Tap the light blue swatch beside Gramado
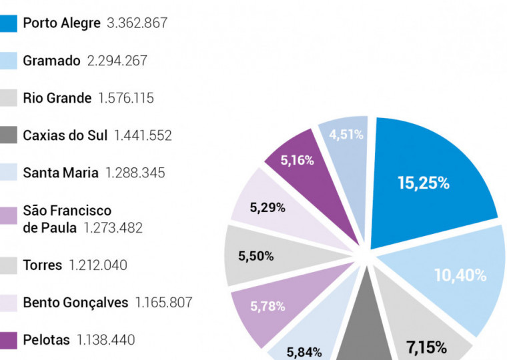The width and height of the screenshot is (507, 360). click(9, 61)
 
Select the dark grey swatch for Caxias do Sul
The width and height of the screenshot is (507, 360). click(9, 135)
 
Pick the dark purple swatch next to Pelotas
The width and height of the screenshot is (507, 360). click(9, 340)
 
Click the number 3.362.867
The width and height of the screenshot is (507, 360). click(137, 23)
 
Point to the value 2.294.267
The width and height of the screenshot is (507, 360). click(117, 61)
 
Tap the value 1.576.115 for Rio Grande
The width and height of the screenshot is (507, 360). click(125, 99)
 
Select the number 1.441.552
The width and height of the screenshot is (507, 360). click(143, 135)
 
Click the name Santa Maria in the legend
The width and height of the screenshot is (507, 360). click(60, 173)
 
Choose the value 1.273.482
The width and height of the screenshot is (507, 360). click(113, 228)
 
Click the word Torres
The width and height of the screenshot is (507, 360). click(42, 265)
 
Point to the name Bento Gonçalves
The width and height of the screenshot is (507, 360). click(75, 303)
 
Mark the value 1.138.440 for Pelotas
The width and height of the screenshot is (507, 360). click(105, 340)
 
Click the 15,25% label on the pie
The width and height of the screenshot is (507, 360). click(423, 183)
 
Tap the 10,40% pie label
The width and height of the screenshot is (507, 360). click(460, 275)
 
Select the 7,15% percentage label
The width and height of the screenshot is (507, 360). click(426, 347)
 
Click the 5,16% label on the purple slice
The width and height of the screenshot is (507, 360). click(297, 160)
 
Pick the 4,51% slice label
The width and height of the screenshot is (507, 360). click(346, 135)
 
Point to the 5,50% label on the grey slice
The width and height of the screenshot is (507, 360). click(256, 256)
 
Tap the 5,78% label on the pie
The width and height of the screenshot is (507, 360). click(268, 307)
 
